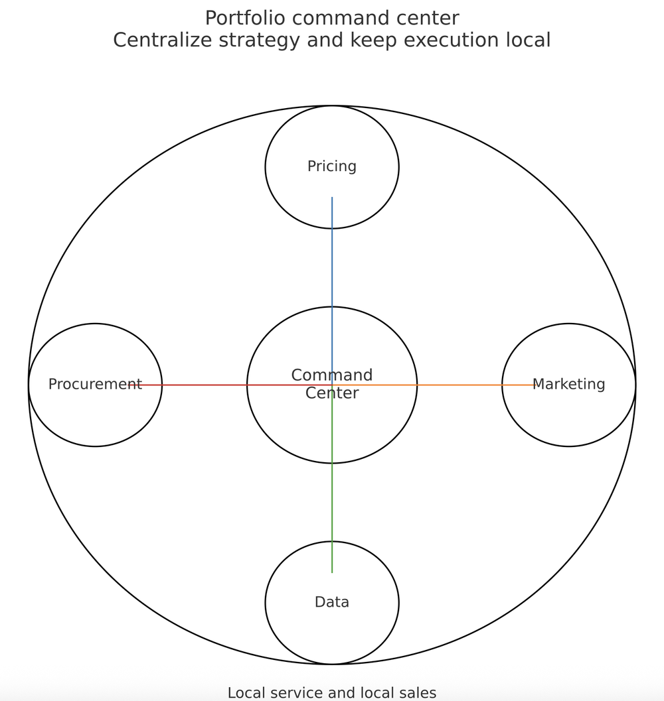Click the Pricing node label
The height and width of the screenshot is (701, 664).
[x=331, y=166]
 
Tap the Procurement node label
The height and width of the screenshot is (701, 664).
[x=95, y=384]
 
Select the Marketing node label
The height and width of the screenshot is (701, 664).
[x=568, y=384]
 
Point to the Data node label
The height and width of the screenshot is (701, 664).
[x=331, y=602]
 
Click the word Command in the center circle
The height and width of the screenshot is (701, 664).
[x=331, y=375]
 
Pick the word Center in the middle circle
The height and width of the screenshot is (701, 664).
[x=331, y=393]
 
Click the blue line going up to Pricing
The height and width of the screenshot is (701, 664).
[x=332, y=265]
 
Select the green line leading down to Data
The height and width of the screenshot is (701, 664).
[x=332, y=504]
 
